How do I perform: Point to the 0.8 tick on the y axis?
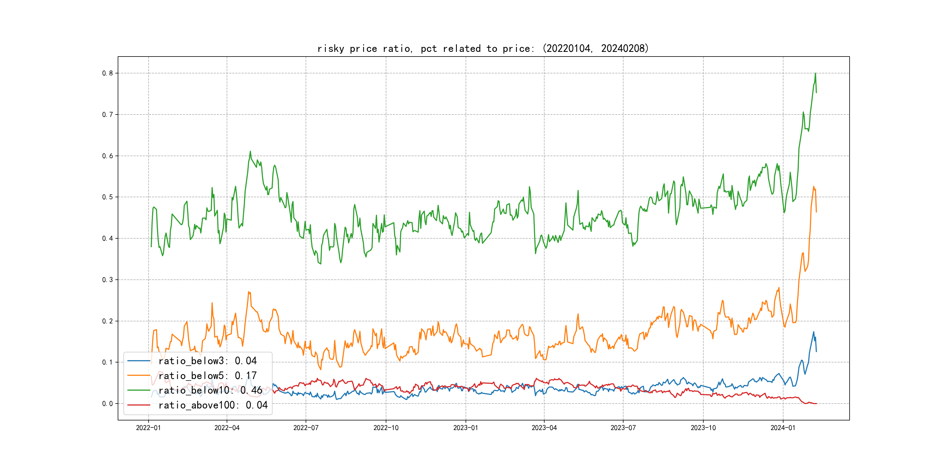pyautogui.click(x=108, y=73)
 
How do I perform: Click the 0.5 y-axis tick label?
pyautogui.click(x=108, y=197)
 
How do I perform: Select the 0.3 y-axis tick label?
pyautogui.click(x=108, y=280)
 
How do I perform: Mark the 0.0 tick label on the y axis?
pyautogui.click(x=108, y=404)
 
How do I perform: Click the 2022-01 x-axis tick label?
pyautogui.click(x=148, y=428)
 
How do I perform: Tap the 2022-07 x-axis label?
pyautogui.click(x=306, y=428)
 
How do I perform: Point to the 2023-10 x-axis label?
pyautogui.click(x=703, y=428)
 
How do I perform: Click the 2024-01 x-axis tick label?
pyautogui.click(x=783, y=428)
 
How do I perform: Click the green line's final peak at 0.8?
pyautogui.click(x=816, y=73)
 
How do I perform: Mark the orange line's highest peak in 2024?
pyautogui.click(x=813, y=186)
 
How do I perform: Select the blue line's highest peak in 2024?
pyautogui.click(x=813, y=332)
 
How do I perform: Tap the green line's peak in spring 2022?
pyautogui.click(x=250, y=151)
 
